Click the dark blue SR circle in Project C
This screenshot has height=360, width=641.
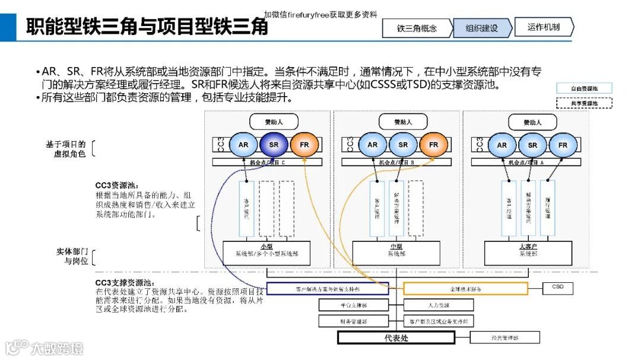tap(274, 145)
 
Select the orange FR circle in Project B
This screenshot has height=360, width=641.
tap(434, 145)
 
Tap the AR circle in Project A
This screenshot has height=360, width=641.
tap(502, 145)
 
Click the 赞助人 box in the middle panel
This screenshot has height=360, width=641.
tap(403, 122)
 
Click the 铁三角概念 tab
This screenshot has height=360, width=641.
tap(417, 28)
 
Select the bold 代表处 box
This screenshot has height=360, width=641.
tap(396, 338)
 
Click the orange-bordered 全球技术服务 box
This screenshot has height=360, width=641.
tap(465, 288)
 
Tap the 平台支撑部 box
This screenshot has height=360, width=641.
tap(354, 305)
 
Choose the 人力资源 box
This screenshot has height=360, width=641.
tap(439, 305)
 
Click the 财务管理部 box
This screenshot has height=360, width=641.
tap(354, 321)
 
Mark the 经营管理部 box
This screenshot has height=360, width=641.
tap(505, 337)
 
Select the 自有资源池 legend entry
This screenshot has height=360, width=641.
tap(584, 88)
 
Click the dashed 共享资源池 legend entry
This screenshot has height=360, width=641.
tap(584, 103)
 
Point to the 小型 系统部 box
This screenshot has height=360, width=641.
tap(266, 253)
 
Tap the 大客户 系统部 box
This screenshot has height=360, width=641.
tap(528, 253)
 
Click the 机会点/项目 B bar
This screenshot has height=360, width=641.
tap(396, 162)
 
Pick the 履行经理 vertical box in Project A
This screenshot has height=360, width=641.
tap(547, 208)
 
